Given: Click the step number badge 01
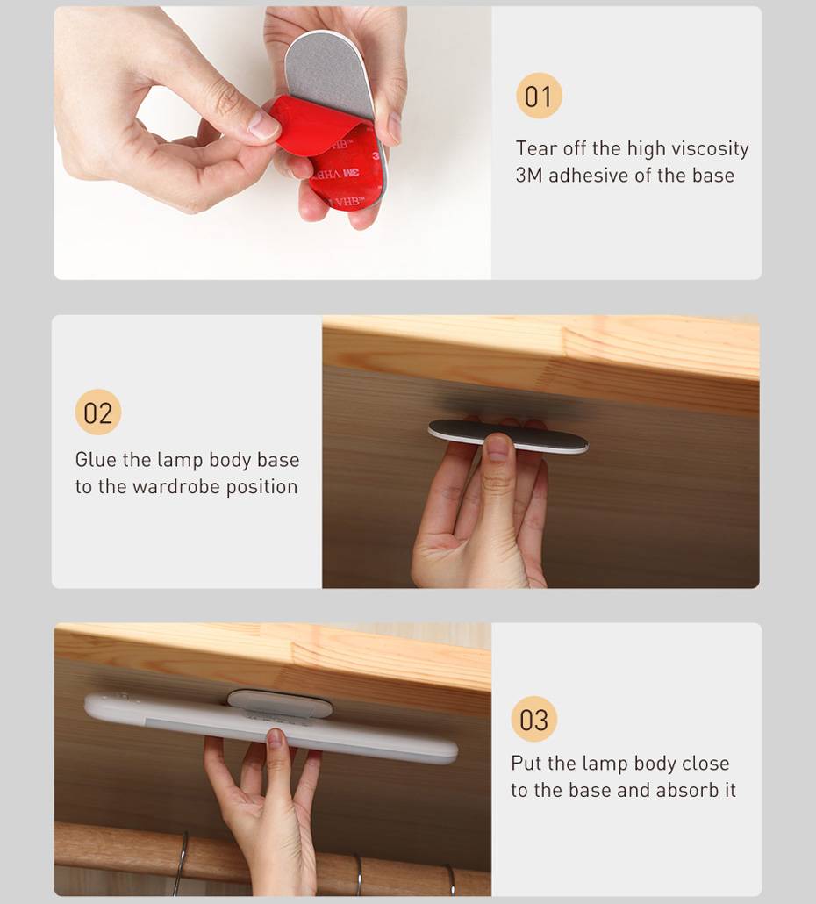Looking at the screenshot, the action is pyautogui.click(x=539, y=96).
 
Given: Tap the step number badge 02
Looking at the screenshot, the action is pyautogui.click(x=98, y=413).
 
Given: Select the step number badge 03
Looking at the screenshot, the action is pyautogui.click(x=534, y=719).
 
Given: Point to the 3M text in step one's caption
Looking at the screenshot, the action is pyautogui.click(x=529, y=176).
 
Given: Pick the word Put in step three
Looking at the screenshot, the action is pyautogui.click(x=526, y=764).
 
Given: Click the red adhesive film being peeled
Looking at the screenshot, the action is pyautogui.click(x=327, y=156).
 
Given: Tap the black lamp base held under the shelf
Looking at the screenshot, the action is pyautogui.click(x=508, y=434).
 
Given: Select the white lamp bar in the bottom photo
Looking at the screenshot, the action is pyautogui.click(x=271, y=728).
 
